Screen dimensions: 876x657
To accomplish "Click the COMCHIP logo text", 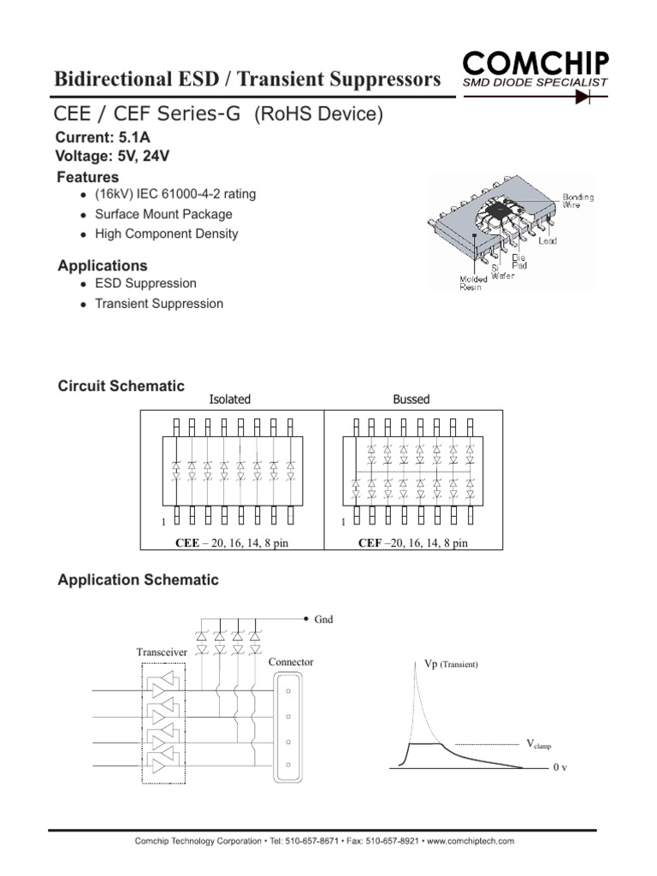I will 536,62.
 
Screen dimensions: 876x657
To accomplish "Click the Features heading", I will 87,177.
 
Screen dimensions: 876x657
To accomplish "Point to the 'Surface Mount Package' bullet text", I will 163,214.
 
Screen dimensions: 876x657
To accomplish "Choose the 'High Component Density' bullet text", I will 166,234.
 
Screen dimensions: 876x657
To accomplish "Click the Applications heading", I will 102,266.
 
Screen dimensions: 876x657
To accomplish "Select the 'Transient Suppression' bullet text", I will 159,304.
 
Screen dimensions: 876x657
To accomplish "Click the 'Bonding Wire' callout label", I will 578,201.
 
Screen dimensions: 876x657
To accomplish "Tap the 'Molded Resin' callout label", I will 471,283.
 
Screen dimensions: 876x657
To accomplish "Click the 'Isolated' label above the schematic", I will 230,400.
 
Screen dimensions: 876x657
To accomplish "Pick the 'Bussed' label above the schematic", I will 411,400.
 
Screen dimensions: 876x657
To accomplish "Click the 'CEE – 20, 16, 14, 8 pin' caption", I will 229,543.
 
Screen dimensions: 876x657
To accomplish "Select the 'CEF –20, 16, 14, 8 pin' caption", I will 413,543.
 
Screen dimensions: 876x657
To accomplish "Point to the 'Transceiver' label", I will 162,653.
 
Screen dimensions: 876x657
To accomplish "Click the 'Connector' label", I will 291,662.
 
